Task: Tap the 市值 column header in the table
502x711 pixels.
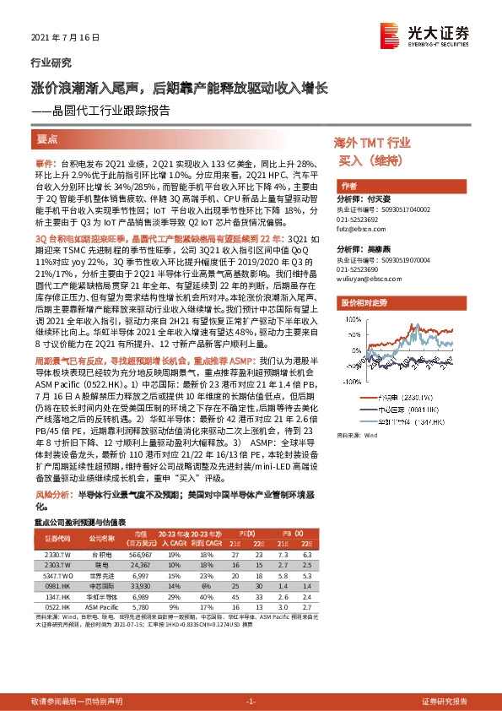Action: [140, 534]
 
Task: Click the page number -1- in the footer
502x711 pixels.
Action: [251, 702]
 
